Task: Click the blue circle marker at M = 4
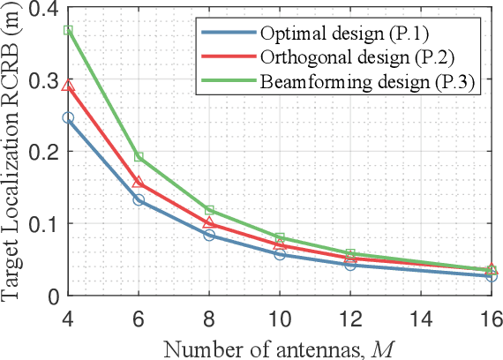point(68,117)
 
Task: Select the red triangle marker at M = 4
point(68,86)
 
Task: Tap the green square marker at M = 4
point(68,31)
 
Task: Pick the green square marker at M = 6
point(139,156)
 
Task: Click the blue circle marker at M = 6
point(139,200)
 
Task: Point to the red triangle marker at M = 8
point(209,222)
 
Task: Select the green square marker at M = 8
point(209,210)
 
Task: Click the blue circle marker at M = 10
point(280,254)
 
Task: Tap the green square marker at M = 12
point(350,254)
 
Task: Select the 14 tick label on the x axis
point(421,315)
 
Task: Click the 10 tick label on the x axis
point(280,315)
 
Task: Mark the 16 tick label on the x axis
point(491,315)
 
